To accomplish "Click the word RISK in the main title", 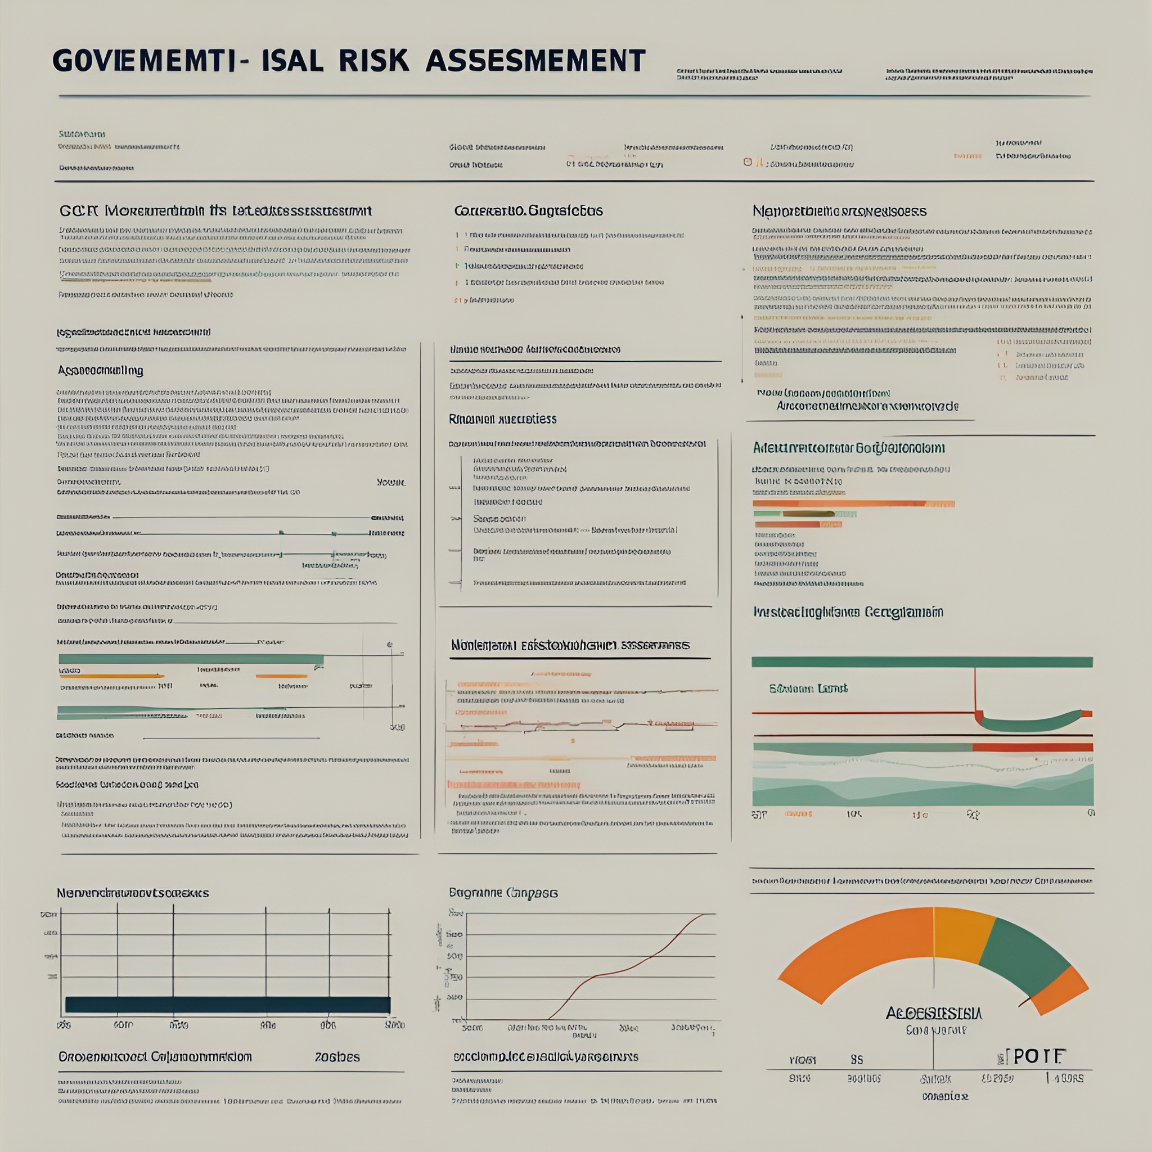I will [x=375, y=61].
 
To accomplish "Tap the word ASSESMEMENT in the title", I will [x=535, y=61].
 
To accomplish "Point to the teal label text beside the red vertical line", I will [x=808, y=688].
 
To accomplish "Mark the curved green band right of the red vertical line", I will [x=1032, y=723].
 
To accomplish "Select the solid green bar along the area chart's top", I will [x=922, y=662].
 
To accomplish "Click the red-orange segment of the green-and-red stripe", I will [x=1032, y=747].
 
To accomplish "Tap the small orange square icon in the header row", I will [x=747, y=161].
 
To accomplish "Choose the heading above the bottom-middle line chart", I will [x=503, y=893].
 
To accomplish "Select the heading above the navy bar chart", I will [x=132, y=893].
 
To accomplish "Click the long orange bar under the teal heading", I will [x=853, y=504].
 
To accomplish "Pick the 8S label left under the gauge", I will [x=856, y=1060].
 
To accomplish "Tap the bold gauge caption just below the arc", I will [x=934, y=1013].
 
